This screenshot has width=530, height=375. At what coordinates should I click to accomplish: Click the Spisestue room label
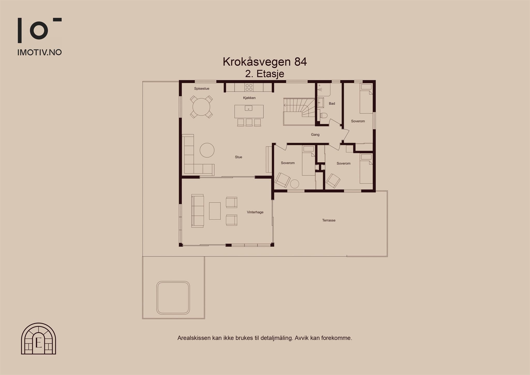202,89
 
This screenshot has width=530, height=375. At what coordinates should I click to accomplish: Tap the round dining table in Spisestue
201,107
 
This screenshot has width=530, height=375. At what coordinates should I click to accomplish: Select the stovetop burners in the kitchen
249,87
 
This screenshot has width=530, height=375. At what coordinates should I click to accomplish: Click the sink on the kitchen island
248,108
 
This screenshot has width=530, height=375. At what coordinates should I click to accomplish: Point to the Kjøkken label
249,98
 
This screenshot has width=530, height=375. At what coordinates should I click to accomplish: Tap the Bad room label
332,104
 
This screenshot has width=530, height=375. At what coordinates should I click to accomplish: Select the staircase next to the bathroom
299,111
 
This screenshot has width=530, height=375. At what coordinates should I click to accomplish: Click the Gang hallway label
315,135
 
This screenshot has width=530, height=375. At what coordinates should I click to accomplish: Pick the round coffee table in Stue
207,150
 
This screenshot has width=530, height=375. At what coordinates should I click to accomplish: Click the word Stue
239,157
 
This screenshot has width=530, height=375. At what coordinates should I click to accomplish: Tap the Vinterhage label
255,212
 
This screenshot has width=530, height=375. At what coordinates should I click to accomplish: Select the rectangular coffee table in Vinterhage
215,211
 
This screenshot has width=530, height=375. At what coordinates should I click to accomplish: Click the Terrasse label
329,220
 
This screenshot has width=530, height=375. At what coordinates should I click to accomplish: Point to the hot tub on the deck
173,298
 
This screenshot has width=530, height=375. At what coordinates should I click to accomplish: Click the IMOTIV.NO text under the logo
39,52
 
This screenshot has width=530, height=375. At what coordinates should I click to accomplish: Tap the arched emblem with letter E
39,338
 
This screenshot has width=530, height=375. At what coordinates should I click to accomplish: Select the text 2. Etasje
264,74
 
